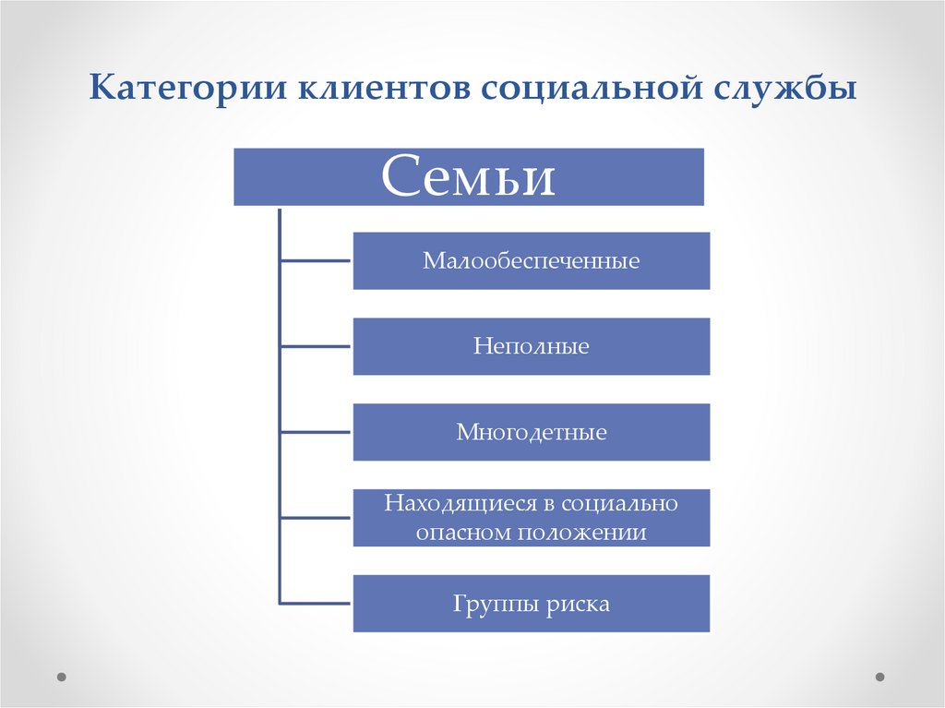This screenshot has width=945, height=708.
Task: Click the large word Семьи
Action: (469, 176)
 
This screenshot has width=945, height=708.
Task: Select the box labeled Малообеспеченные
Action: (532, 261)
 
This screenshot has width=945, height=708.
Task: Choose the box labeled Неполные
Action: (532, 347)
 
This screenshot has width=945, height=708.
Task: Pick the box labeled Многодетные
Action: (532, 432)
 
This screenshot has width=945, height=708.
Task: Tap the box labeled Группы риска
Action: (532, 604)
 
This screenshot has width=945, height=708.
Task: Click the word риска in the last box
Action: (580, 605)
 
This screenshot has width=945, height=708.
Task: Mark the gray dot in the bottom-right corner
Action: (880, 675)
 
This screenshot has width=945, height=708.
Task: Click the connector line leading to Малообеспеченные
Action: (316, 261)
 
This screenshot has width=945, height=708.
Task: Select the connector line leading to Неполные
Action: (316, 347)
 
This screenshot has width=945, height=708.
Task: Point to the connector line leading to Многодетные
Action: (316, 432)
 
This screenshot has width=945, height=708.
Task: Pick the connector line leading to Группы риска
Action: (316, 604)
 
